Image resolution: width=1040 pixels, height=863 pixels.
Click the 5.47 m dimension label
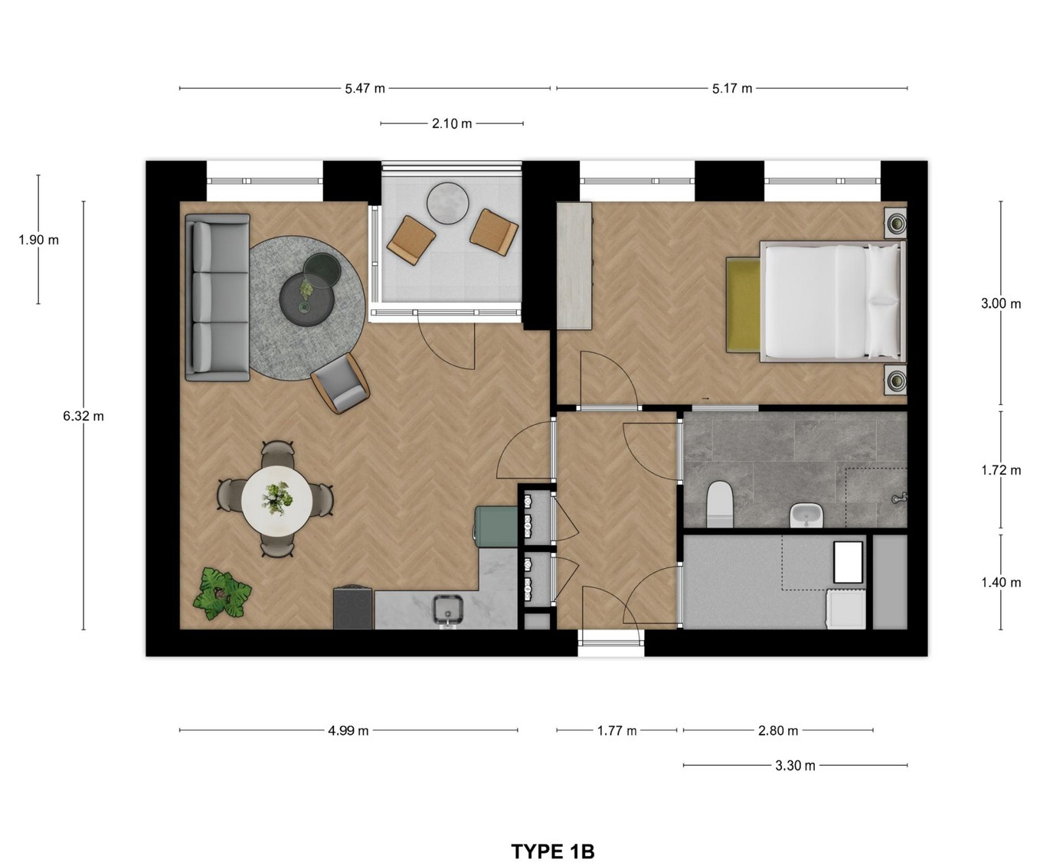pyautogui.click(x=365, y=89)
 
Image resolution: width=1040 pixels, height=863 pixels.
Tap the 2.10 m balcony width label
pyautogui.click(x=452, y=123)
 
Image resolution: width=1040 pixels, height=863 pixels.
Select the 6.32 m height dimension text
pyautogui.click(x=83, y=416)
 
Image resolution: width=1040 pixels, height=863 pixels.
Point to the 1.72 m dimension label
pyautogui.click(x=1001, y=470)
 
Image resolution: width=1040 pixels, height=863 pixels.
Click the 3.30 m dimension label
pyautogui.click(x=795, y=766)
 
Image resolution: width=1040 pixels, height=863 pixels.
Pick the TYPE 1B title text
pyautogui.click(x=553, y=838)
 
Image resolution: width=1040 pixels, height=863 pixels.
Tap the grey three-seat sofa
pyautogui.click(x=217, y=298)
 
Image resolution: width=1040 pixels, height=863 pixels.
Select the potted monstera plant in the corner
pyautogui.click(x=221, y=594)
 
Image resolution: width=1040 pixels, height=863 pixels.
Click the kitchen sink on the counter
pyautogui.click(x=448, y=610)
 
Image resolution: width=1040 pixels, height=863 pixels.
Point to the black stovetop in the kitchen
pyautogui.click(x=353, y=608)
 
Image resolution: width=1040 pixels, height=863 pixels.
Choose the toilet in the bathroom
pyautogui.click(x=720, y=503)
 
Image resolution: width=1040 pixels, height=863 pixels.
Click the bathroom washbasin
pyautogui.click(x=806, y=515)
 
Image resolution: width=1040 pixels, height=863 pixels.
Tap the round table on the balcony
pyautogui.click(x=448, y=204)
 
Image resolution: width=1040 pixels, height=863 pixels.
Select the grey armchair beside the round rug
pyautogui.click(x=340, y=383)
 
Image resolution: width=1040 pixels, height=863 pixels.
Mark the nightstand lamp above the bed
pyautogui.click(x=895, y=221)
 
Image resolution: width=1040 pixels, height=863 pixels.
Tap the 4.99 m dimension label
pyautogui.click(x=348, y=731)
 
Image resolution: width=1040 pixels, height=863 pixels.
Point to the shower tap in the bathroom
pyautogui.click(x=900, y=498)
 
